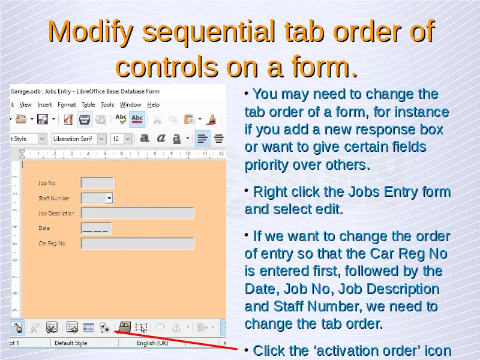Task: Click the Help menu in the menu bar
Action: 153,104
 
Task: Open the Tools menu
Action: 107,104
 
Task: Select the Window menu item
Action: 130,104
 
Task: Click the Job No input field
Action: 97,183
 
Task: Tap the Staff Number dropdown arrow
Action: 109,199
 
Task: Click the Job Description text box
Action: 137,213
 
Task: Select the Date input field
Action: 97,229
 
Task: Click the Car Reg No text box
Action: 137,244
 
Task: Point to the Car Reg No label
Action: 52,244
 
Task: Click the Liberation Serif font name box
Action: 76,139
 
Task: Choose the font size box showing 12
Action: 118,139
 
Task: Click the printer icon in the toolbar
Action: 85,119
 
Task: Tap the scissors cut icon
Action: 157,119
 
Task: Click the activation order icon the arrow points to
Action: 104,328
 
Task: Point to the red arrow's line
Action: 175,340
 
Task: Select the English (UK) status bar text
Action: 152,343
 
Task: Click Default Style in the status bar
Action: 71,343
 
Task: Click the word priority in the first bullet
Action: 265,166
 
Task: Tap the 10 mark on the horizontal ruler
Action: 188,153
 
